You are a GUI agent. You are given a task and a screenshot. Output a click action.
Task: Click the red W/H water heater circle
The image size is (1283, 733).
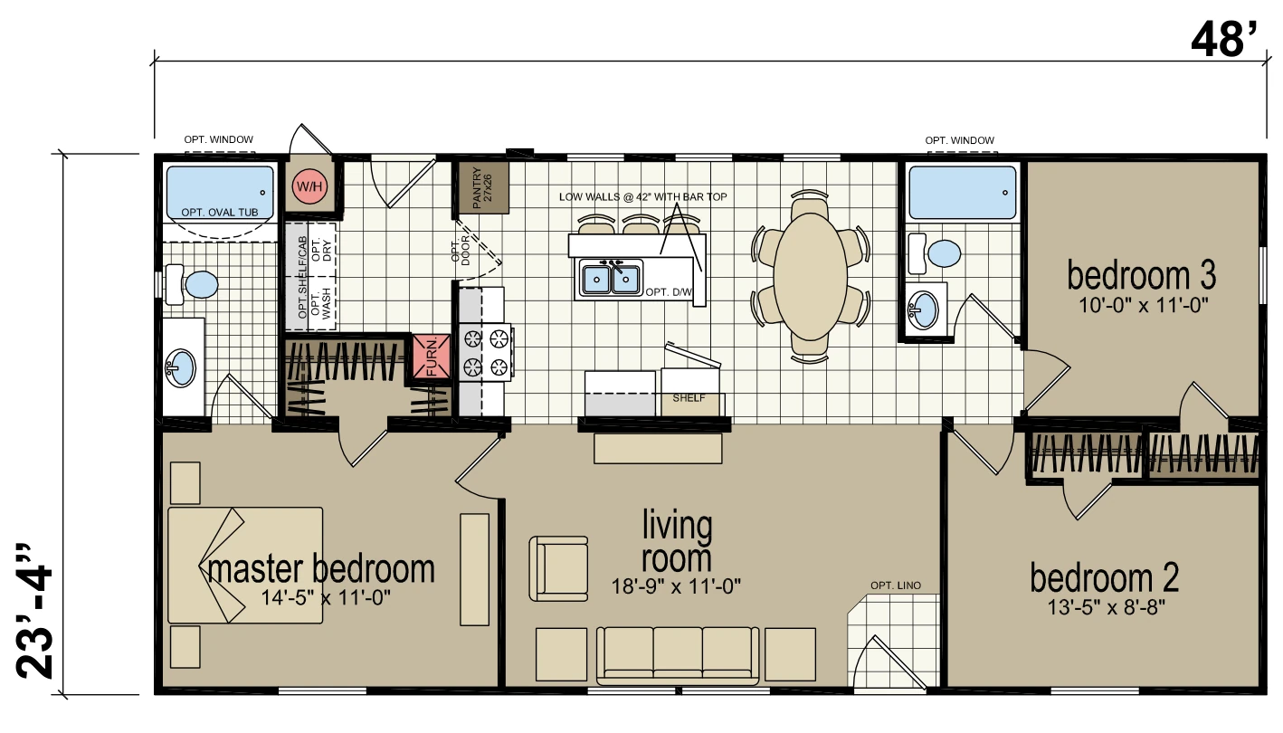[x=309, y=186]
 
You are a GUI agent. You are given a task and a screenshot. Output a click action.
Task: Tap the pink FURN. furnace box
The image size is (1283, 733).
[x=432, y=357]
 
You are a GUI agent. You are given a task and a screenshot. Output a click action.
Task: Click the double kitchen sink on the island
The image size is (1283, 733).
[x=611, y=278]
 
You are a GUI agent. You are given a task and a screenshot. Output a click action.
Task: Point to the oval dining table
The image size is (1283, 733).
[x=811, y=277]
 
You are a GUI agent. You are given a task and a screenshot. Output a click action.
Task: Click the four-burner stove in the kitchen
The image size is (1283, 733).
[x=486, y=353]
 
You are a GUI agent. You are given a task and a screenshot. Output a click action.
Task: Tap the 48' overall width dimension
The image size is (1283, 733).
[x=1227, y=40]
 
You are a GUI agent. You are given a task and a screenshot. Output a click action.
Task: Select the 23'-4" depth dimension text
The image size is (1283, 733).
[x=34, y=610]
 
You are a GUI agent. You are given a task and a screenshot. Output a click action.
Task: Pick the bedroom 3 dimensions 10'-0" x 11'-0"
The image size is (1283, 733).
[x=1144, y=305]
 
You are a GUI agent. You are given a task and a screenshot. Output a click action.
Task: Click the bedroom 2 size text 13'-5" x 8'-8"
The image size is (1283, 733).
[x=1106, y=607]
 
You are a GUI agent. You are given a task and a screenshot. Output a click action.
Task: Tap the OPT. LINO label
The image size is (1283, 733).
[x=896, y=585]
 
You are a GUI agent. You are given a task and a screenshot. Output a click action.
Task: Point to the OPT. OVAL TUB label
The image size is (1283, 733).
[x=219, y=213]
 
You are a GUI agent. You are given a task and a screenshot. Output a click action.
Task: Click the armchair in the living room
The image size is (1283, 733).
[x=558, y=568]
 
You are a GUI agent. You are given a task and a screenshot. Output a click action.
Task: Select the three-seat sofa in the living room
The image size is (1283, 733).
[x=678, y=656]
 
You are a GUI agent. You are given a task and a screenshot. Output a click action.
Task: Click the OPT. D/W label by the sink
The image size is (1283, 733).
[x=669, y=292]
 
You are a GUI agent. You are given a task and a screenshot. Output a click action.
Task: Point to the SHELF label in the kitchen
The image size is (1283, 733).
[x=689, y=398]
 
